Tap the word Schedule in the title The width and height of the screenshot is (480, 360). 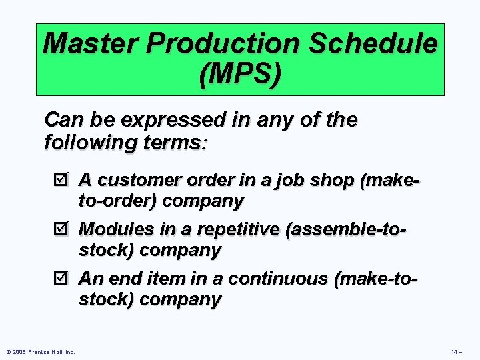(379, 45)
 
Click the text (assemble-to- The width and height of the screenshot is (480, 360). (346, 230)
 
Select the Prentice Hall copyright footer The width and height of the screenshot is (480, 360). (39, 351)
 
